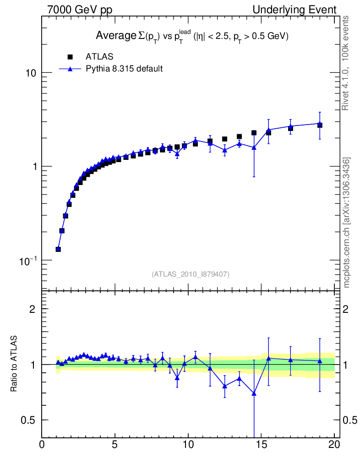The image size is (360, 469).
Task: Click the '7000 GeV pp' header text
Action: point(80,10)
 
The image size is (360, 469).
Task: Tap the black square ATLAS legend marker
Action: point(70,57)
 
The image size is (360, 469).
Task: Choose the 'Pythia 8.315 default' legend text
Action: point(125,69)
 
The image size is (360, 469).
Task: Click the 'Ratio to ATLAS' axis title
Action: point(14,364)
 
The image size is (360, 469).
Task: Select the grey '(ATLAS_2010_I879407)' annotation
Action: point(191,274)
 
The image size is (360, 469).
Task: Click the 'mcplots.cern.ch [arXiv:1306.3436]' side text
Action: point(347,223)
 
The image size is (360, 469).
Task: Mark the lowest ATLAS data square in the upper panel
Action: point(58,249)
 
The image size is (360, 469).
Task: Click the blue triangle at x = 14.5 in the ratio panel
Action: point(254,393)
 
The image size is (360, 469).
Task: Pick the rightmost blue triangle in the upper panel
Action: point(320,124)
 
